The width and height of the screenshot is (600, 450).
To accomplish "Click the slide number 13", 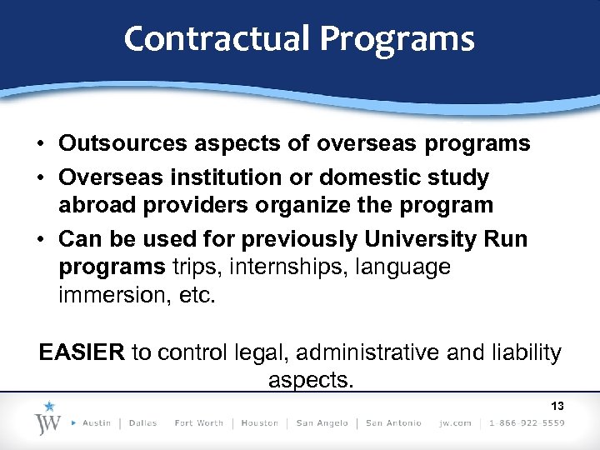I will [x=557, y=406].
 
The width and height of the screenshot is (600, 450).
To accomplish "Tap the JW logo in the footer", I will [x=49, y=418].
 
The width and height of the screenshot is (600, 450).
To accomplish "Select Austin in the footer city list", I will [x=97, y=423].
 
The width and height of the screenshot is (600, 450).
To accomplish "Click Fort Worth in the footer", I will [x=198, y=423].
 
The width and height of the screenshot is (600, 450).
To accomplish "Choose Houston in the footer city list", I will [x=259, y=423].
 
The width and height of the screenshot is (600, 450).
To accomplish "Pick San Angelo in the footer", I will [x=321, y=423].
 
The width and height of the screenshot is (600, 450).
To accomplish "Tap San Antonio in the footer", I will [x=393, y=423].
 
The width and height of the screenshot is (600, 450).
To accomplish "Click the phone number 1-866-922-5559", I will [x=527, y=423].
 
